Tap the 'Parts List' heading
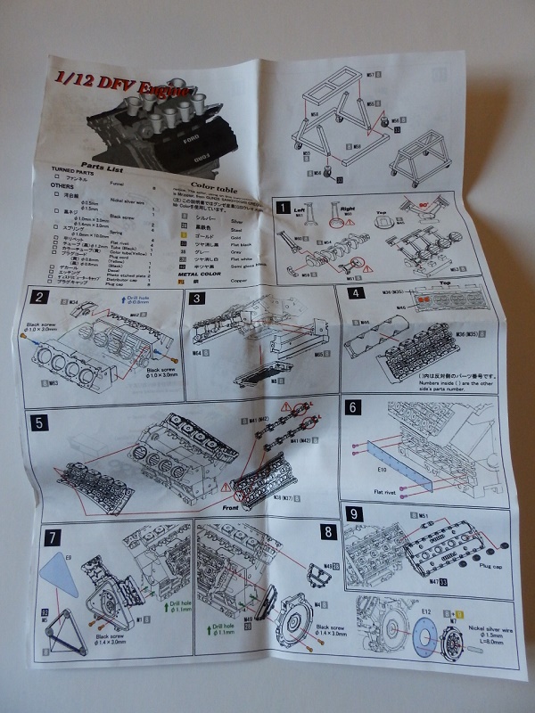(103, 166)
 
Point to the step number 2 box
(42, 297)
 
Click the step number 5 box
(39, 421)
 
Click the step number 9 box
(356, 513)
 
